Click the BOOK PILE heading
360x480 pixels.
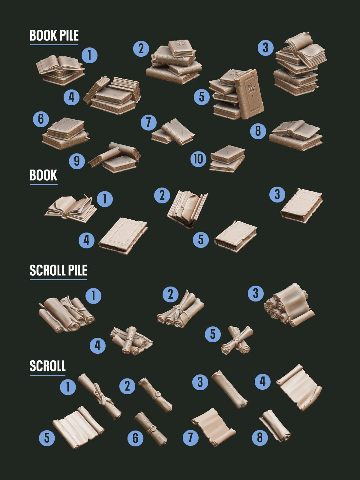[x=54, y=35]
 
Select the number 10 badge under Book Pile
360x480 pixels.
[x=199, y=159]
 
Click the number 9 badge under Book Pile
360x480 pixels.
[x=77, y=161]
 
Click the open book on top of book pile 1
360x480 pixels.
[x=59, y=64]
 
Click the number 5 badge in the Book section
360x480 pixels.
[x=201, y=240]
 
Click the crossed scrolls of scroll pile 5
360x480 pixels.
[x=237, y=340]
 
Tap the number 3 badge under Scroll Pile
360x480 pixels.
[x=256, y=293]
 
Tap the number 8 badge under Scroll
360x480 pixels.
[x=260, y=438]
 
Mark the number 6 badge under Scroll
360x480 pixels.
[x=136, y=438]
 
